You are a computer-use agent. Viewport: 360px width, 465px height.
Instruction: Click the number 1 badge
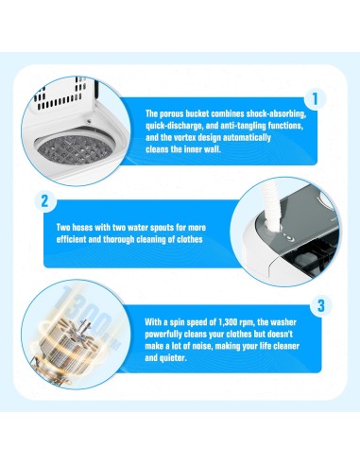coord(315,99)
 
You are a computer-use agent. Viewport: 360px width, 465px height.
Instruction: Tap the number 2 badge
coord(44,200)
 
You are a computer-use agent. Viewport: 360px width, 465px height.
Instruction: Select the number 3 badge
coord(320,305)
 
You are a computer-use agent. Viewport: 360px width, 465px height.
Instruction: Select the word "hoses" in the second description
coord(82,227)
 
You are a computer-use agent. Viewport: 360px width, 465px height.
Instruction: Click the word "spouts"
coord(162,228)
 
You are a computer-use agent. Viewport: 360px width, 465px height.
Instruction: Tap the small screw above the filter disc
coord(90,121)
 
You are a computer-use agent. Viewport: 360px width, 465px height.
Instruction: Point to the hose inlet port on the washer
coord(270,227)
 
